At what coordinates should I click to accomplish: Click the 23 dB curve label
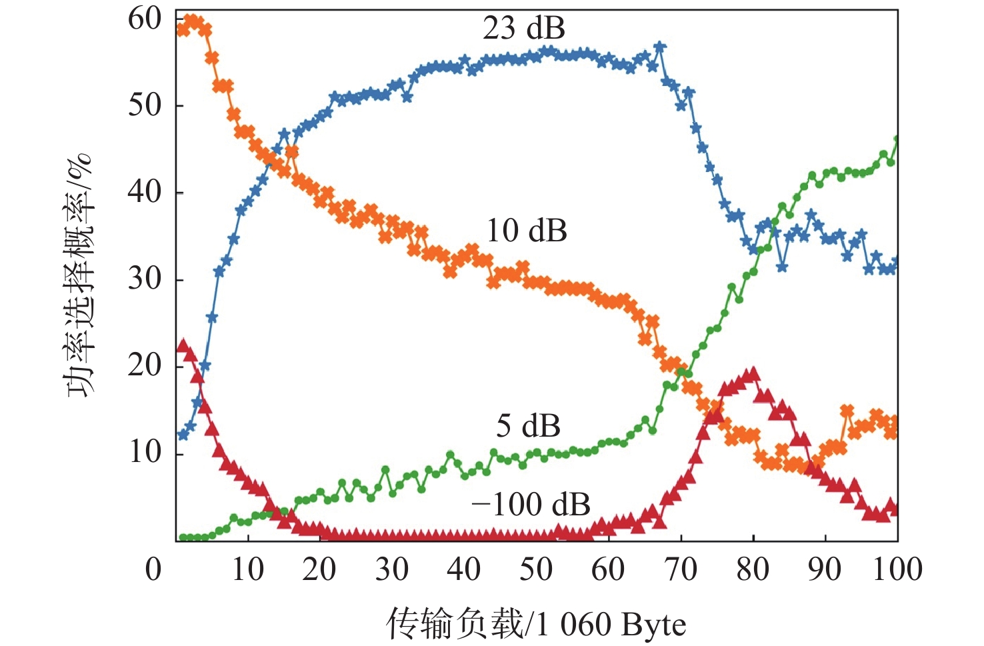pos(524,29)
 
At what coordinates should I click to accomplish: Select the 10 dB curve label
pos(527,231)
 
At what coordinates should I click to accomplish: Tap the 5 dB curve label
pos(528,426)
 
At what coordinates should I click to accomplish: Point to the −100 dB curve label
pos(531,504)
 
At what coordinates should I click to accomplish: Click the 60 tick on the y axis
pos(145,19)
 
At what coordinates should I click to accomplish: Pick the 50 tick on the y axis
pos(145,105)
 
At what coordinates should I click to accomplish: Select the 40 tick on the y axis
pos(145,192)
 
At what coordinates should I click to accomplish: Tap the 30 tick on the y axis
pos(145,279)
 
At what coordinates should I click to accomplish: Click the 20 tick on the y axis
pos(145,365)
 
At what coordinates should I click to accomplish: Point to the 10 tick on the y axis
pos(145,453)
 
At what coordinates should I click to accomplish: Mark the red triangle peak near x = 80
pos(753,373)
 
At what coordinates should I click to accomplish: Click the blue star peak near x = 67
pos(660,47)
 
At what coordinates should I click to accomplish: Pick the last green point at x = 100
pos(897,140)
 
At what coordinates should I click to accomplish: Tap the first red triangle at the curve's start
pos(183,345)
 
